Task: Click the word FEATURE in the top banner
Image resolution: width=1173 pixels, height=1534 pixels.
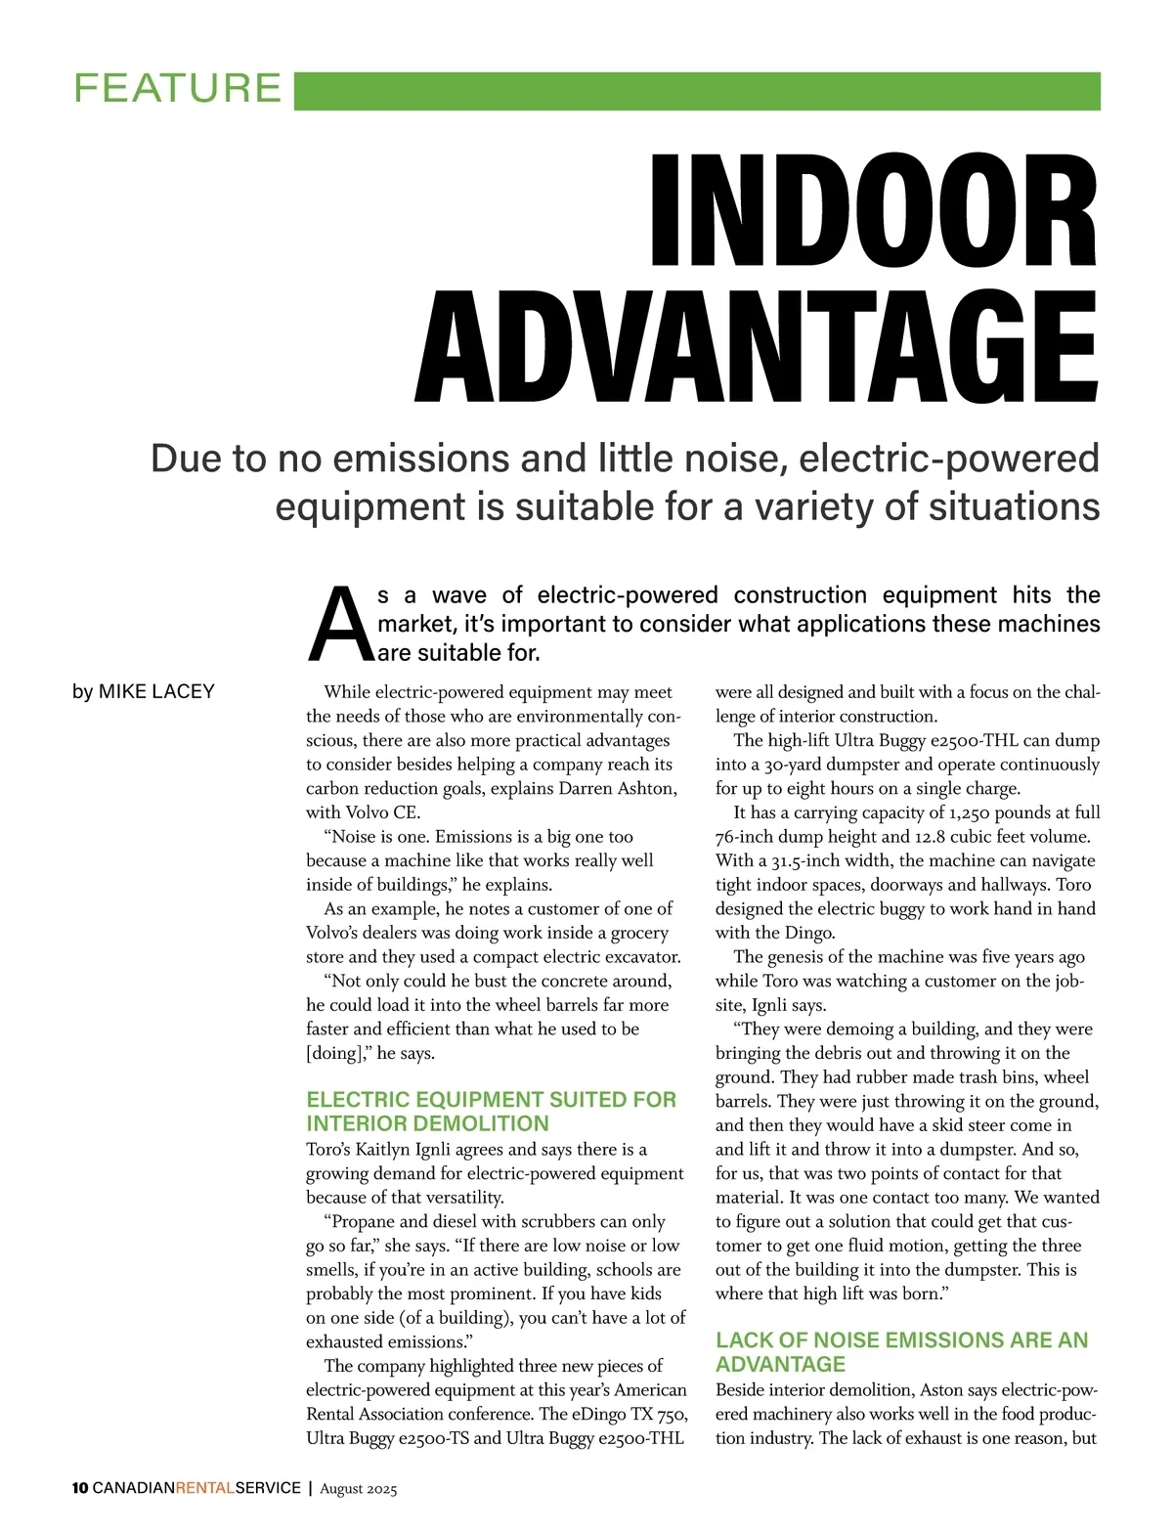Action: [177, 89]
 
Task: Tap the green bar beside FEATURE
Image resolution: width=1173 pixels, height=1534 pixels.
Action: [696, 91]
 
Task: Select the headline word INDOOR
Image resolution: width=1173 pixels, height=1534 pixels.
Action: [874, 211]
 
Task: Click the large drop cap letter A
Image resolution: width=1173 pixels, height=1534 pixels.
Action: [339, 624]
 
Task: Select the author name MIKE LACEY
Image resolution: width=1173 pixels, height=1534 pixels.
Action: [156, 692]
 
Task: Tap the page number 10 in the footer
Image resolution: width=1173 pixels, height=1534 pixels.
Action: [79, 1489]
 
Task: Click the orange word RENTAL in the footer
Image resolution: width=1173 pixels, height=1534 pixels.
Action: [204, 1489]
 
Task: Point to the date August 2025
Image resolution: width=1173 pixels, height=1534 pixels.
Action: [358, 1490]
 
